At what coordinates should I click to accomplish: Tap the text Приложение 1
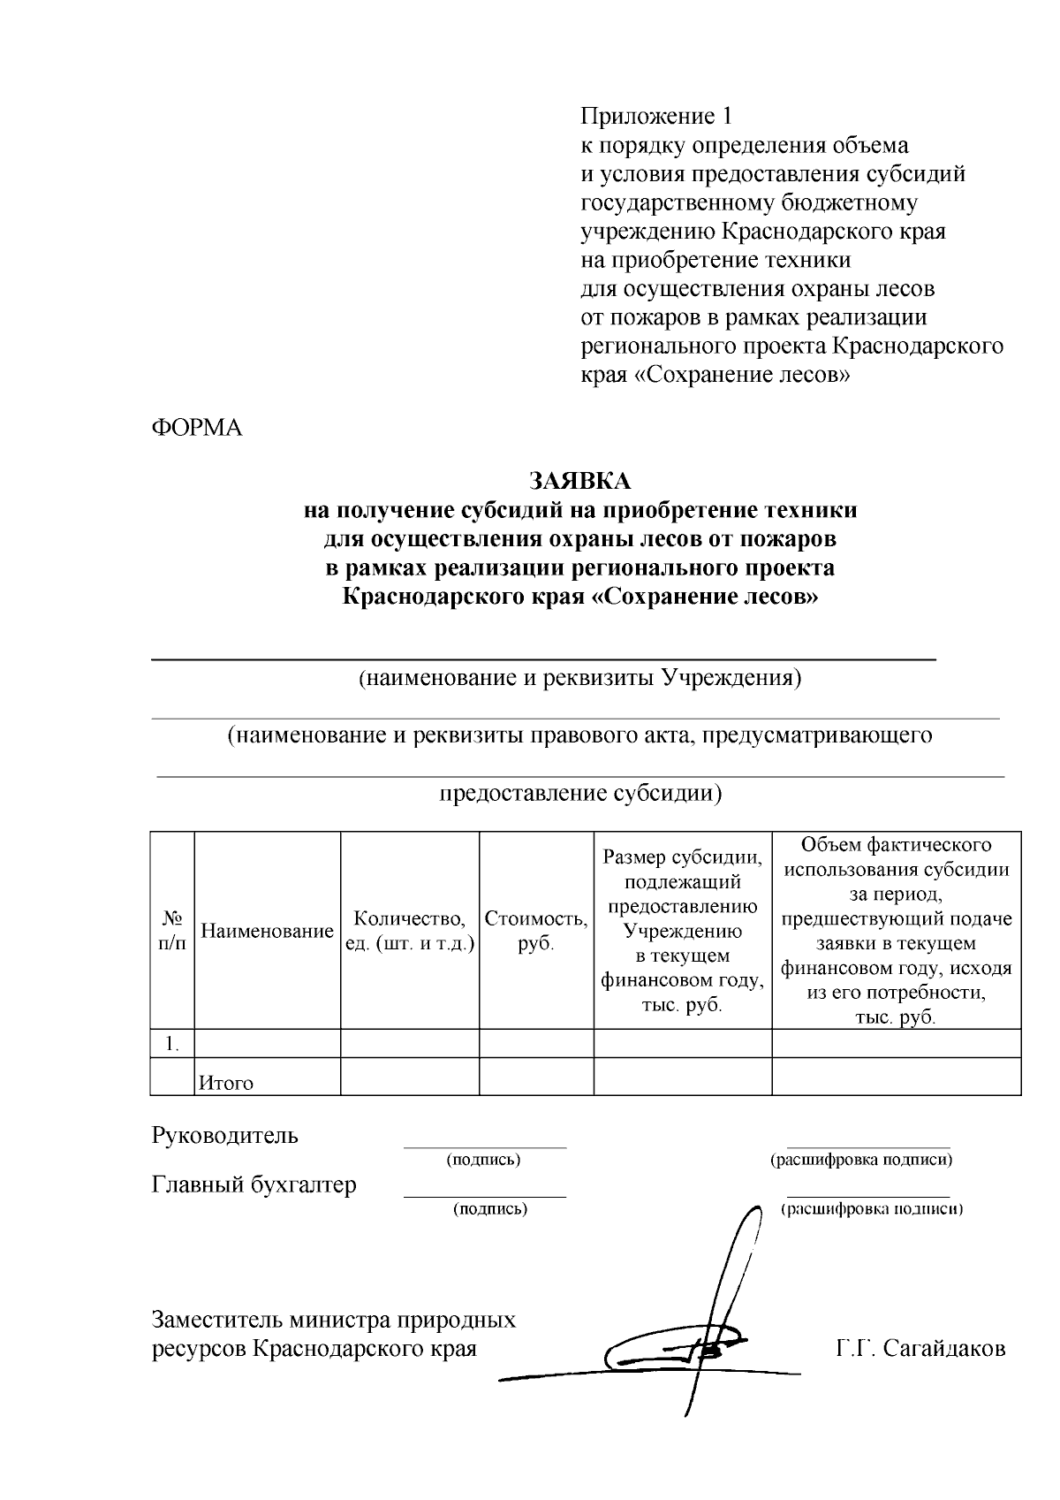[656, 116]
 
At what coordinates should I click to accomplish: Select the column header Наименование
[267, 931]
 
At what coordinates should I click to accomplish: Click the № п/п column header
[172, 931]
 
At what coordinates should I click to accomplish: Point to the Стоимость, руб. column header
[536, 931]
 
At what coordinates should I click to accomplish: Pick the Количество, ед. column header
[410, 931]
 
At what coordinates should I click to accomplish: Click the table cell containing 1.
[172, 1044]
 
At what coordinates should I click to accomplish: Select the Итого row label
[226, 1083]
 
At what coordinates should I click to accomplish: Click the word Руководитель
[225, 1136]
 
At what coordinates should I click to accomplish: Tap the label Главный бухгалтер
[254, 1184]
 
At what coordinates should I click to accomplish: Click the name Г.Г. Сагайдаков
[920, 1349]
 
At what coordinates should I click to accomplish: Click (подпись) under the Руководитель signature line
[484, 1159]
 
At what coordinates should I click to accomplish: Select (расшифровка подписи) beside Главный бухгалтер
[872, 1208]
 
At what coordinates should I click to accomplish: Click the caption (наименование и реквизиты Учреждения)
[579, 678]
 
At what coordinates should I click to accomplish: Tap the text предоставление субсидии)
[581, 792]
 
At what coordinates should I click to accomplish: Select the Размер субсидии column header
[682, 931]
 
